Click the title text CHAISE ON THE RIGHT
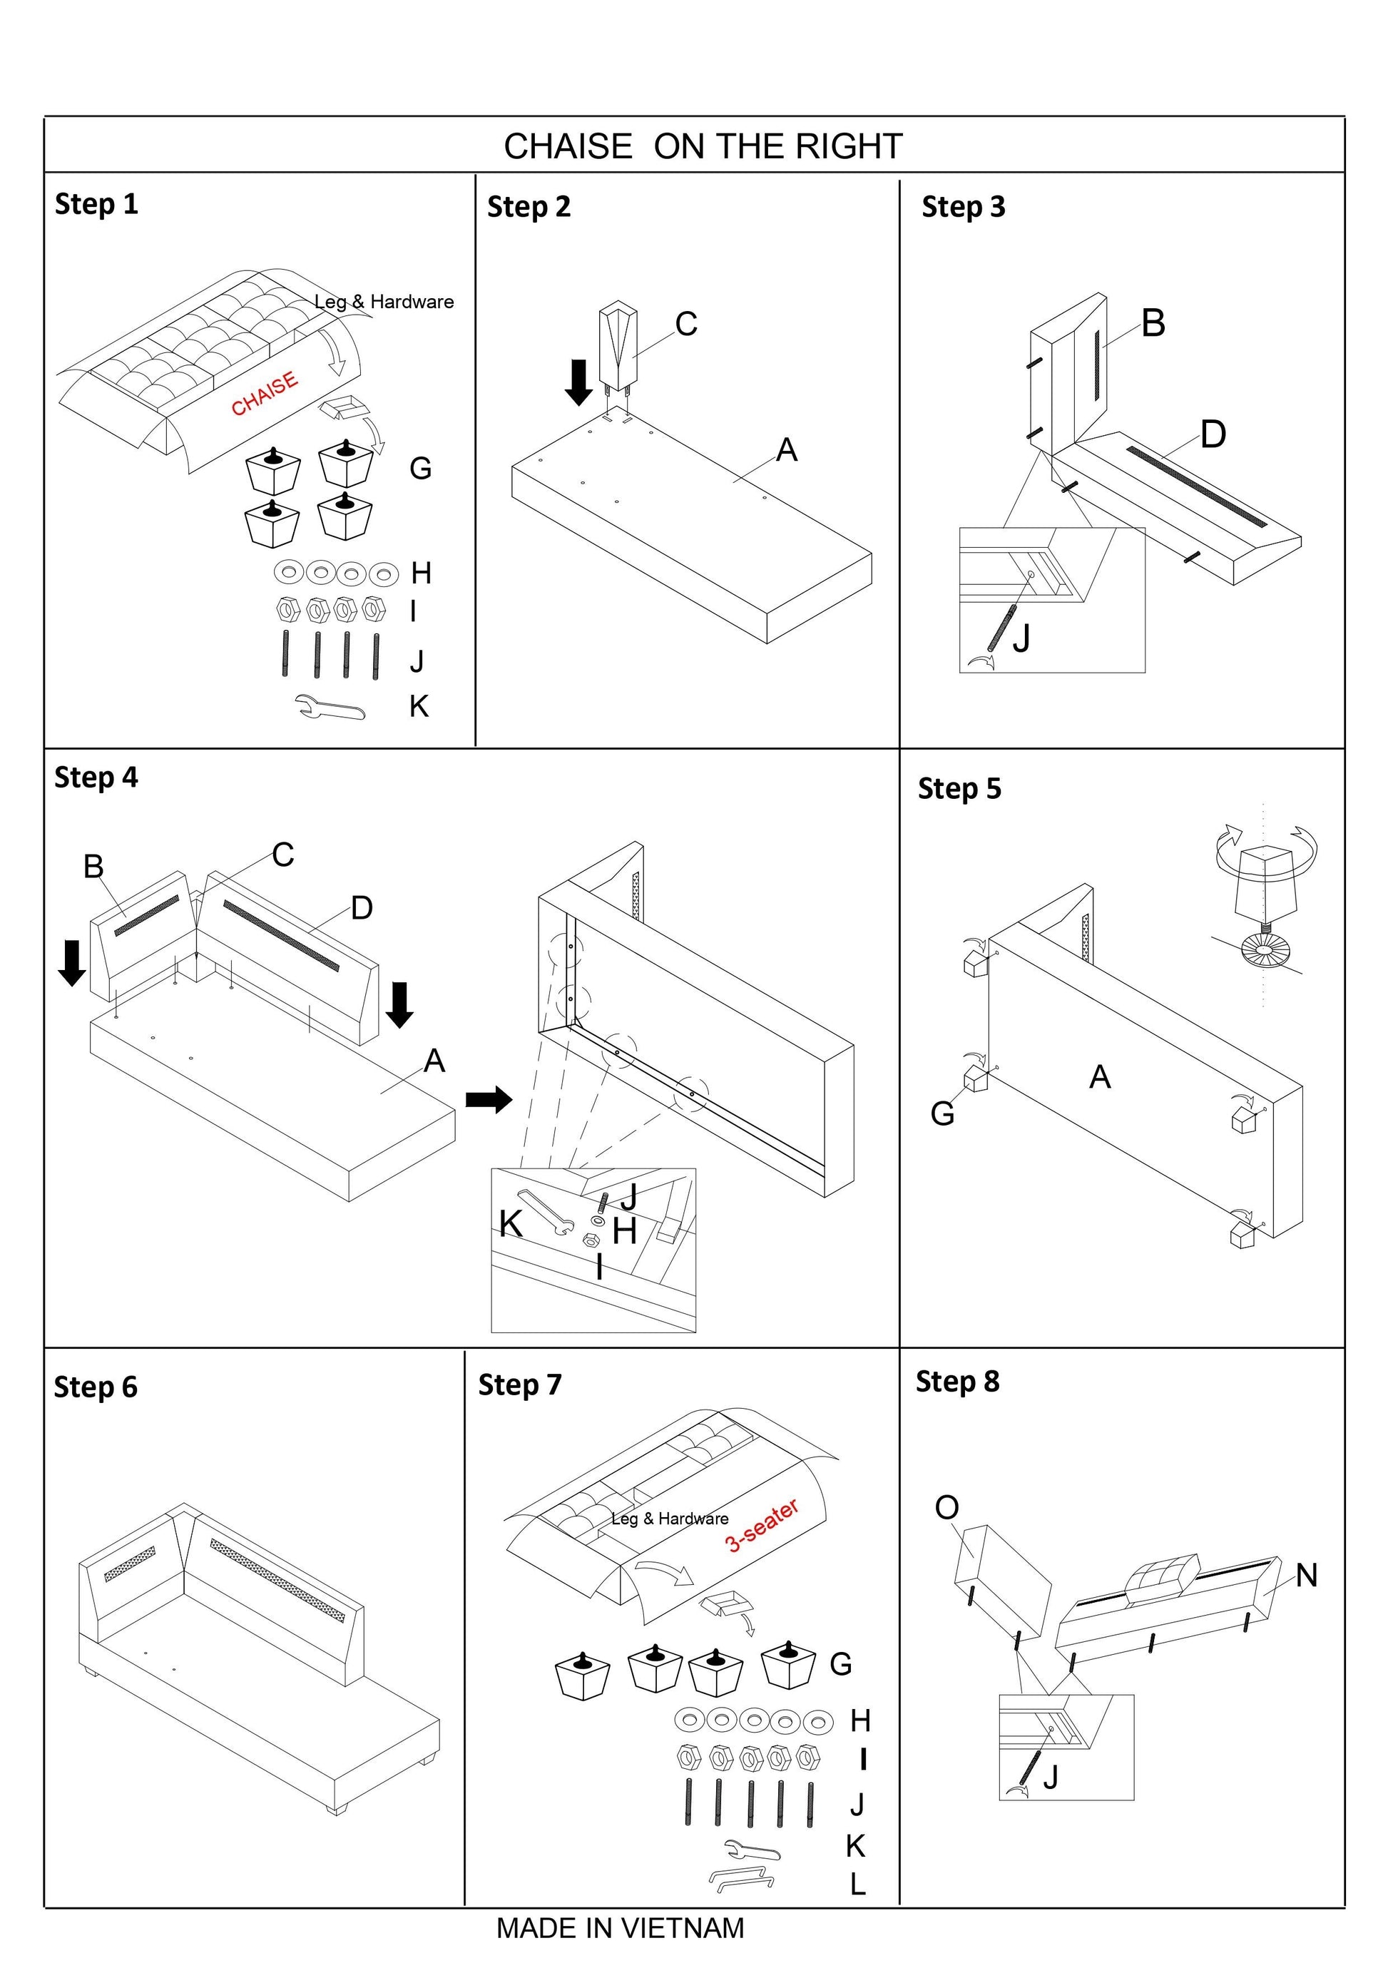click(703, 146)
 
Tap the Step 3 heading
click(963, 207)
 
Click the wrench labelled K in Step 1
click(331, 707)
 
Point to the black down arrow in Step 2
click(578, 382)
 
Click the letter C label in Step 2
click(686, 324)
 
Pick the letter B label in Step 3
click(1153, 323)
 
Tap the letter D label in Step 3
click(1213, 434)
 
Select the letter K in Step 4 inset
click(510, 1224)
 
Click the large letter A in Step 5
click(1100, 1077)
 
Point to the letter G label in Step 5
click(942, 1113)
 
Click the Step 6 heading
click(96, 1387)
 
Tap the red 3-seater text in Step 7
click(762, 1524)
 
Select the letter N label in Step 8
click(1306, 1575)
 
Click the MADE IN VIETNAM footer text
click(620, 1928)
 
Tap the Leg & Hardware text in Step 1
click(384, 302)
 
